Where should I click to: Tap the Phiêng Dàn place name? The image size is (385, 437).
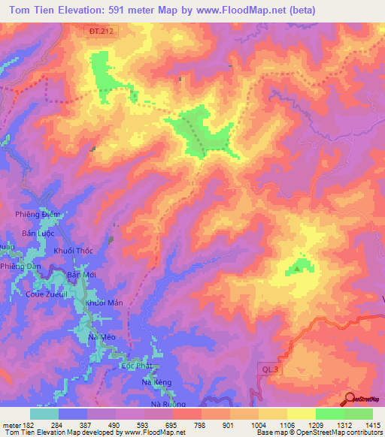pyautogui.click(x=20, y=267)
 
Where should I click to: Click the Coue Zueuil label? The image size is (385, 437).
pyautogui.click(x=47, y=294)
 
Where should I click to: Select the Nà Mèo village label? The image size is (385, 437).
pyautogui.click(x=102, y=338)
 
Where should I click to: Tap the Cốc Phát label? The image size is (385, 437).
pyautogui.click(x=136, y=365)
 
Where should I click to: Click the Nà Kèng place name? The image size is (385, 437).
pyautogui.click(x=157, y=382)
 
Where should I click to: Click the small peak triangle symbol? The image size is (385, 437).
pyautogui.click(x=298, y=267)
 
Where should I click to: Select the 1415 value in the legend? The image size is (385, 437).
pyautogui.click(x=373, y=425)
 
